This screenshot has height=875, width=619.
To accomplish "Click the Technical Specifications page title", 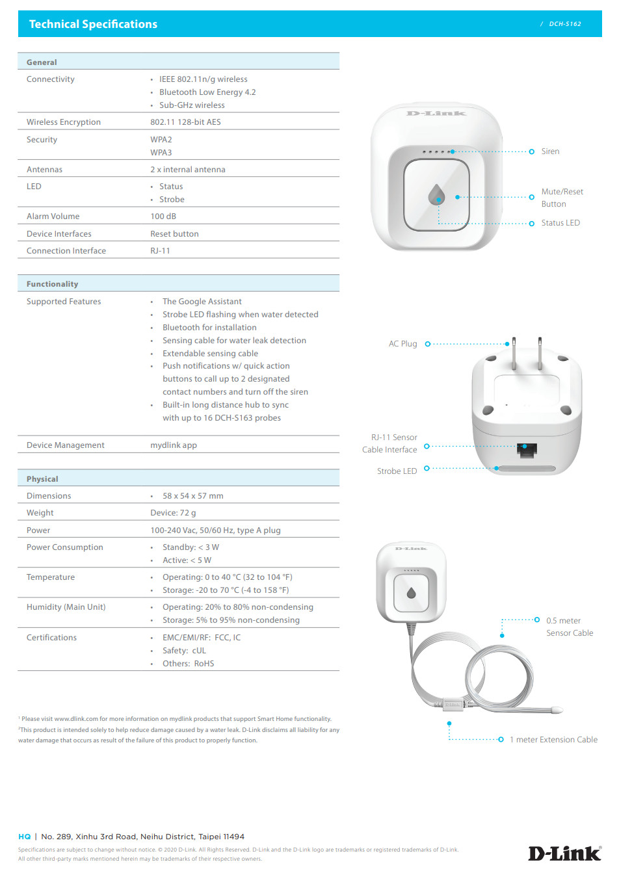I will [x=93, y=24].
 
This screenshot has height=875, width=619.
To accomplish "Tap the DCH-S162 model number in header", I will [x=564, y=24].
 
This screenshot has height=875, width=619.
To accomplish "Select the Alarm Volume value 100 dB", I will [x=163, y=216].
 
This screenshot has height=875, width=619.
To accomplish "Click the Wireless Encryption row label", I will [x=64, y=122].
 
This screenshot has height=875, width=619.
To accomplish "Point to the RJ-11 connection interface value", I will [x=160, y=251].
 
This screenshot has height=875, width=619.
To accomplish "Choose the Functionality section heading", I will [x=52, y=284].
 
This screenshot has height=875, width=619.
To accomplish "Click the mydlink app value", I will [x=174, y=445].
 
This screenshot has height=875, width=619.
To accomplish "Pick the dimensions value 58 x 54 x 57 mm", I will [x=192, y=496].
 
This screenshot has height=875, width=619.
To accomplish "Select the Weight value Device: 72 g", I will [x=173, y=513].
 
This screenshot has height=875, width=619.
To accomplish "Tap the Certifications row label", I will [x=51, y=638].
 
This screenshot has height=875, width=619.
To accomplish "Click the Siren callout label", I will [x=550, y=151].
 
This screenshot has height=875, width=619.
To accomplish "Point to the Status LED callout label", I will [x=560, y=223].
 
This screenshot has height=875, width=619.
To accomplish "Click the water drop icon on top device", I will [x=436, y=194].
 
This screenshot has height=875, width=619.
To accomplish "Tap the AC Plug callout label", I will [x=402, y=344].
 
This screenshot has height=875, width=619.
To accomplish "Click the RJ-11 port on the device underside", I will [x=527, y=450].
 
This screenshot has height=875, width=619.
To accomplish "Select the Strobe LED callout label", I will [x=397, y=471].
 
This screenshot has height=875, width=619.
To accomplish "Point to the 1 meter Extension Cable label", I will [x=553, y=740].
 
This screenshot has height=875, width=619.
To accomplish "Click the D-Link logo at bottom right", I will [x=564, y=853].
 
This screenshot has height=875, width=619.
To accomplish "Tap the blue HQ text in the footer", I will [x=25, y=837].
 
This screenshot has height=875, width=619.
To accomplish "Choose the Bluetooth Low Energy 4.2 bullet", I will [x=207, y=92].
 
